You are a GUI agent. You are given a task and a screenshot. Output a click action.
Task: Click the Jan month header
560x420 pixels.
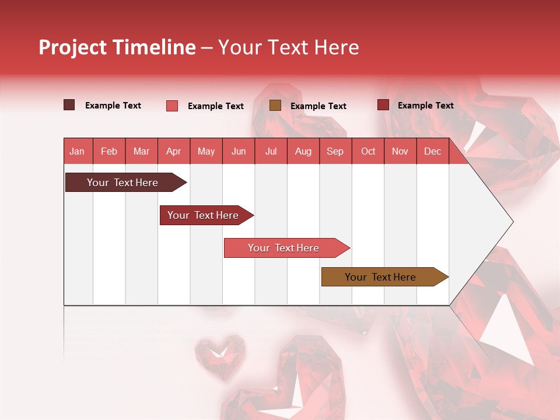click(x=77, y=151)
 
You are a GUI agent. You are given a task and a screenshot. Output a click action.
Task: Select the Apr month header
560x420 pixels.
click(x=173, y=151)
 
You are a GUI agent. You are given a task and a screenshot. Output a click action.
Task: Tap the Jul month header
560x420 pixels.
click(x=271, y=151)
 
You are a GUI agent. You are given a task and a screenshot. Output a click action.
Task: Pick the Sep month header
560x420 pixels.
click(x=335, y=151)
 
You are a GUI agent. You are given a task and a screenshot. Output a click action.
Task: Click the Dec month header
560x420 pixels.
click(x=432, y=151)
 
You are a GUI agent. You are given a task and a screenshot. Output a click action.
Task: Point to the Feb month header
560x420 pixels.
click(x=109, y=151)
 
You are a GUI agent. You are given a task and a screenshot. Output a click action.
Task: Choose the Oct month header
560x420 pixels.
click(x=368, y=151)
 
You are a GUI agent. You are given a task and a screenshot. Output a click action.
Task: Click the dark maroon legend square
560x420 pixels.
click(x=69, y=105)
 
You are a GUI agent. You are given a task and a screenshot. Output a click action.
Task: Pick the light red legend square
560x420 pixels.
click(x=172, y=106)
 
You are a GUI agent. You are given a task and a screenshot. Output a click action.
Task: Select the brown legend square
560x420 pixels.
click(x=275, y=106)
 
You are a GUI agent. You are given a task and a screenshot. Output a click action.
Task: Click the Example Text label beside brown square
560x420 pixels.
click(x=318, y=106)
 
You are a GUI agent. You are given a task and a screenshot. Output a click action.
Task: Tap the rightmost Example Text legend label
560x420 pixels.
click(x=425, y=106)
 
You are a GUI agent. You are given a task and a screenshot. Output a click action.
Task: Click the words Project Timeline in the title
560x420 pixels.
click(x=117, y=47)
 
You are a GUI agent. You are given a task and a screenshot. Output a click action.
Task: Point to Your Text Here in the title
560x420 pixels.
click(x=289, y=47)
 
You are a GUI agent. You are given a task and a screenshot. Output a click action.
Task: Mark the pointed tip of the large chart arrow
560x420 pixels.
click(x=512, y=222)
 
